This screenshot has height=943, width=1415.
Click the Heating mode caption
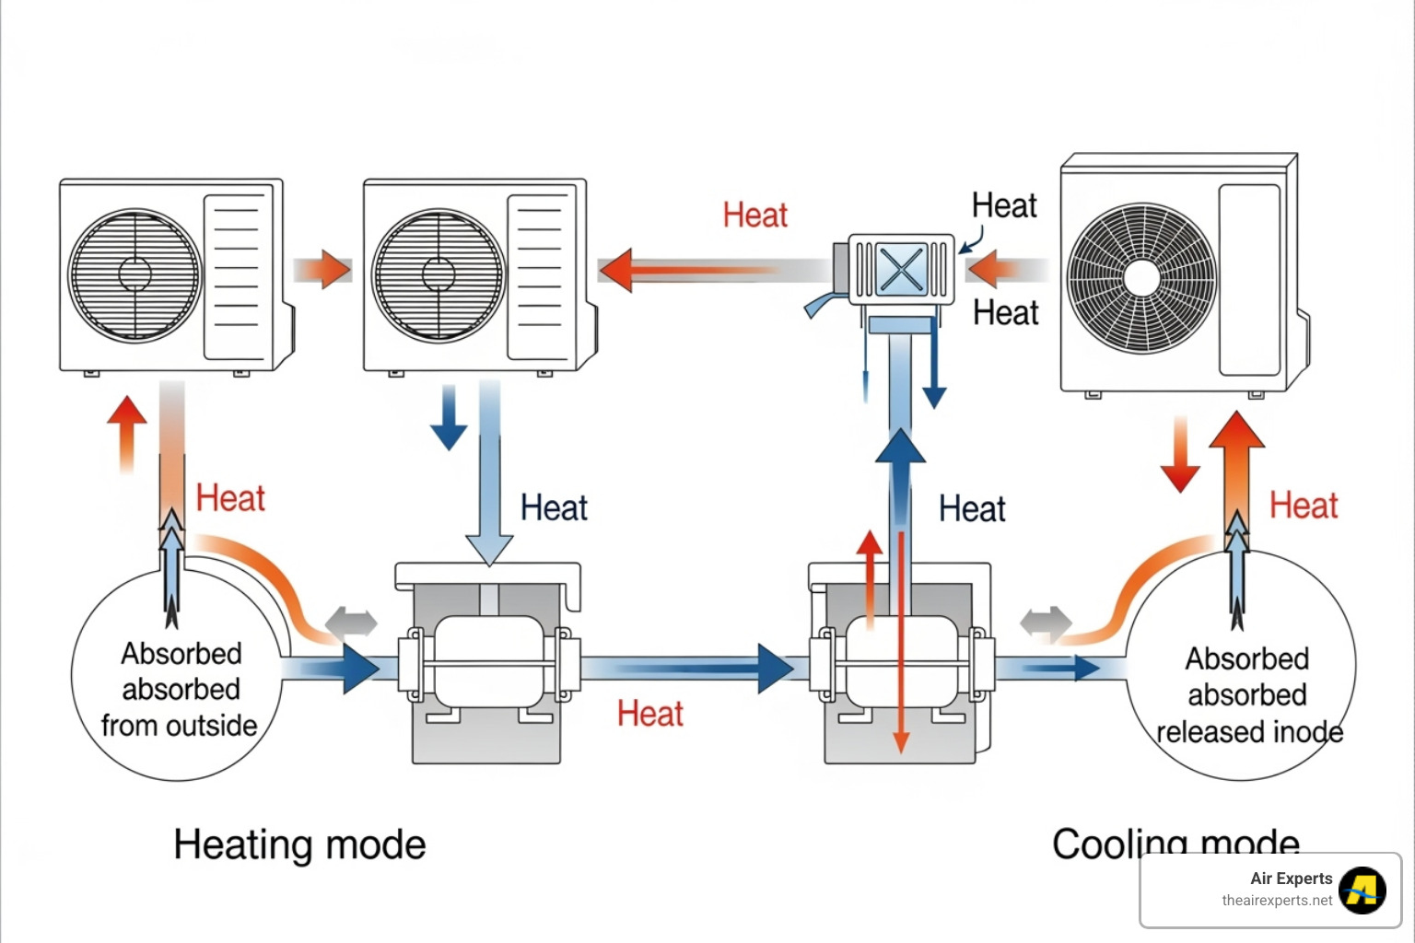point(299,844)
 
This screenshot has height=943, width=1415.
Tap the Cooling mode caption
point(1175,843)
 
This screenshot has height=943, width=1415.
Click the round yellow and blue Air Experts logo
point(1362,891)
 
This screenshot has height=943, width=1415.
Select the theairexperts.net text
point(1277,901)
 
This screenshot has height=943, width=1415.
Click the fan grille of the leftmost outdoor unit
point(134,274)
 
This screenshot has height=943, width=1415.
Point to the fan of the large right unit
point(1141,277)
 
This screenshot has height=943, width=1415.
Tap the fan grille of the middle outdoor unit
point(439,274)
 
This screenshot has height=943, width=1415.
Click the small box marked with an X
point(900,269)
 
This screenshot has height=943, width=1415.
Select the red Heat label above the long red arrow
point(754,215)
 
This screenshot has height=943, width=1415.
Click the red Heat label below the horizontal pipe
point(649,714)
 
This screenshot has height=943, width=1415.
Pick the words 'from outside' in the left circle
point(180,726)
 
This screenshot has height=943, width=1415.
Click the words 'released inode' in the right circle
point(1249,732)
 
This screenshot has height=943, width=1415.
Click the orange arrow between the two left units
point(324,270)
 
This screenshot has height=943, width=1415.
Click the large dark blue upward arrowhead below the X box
point(900,448)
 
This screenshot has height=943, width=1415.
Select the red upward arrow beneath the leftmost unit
point(127,433)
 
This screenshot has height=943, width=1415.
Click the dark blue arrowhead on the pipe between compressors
point(774,669)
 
